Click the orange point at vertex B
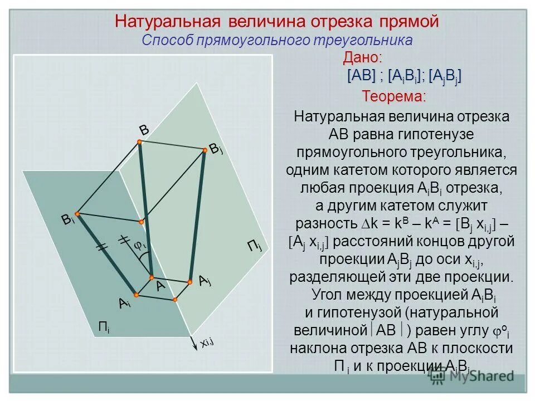coord(139,142)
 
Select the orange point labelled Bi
coord(77,214)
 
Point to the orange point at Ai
coord(135,294)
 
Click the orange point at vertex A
coord(151,277)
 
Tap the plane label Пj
coord(254,245)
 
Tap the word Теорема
coord(393,96)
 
